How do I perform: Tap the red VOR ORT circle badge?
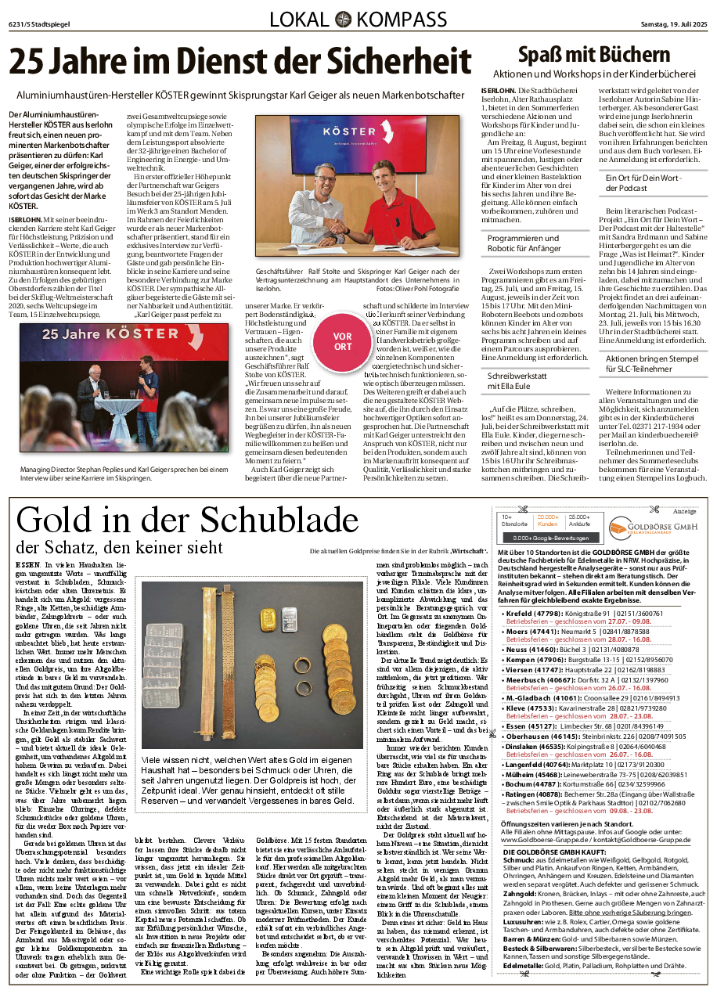(x=342, y=341)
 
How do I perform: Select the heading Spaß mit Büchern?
(x=594, y=55)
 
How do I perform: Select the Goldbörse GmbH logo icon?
(x=620, y=528)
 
